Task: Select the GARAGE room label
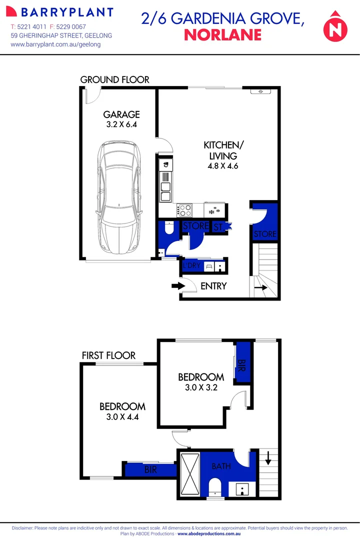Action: click(121, 114)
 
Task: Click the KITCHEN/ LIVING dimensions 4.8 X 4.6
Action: click(223, 166)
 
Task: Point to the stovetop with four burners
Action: click(184, 210)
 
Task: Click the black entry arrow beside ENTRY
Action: click(177, 286)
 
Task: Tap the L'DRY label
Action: click(191, 266)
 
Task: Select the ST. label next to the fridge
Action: click(218, 227)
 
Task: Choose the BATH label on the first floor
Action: click(221, 466)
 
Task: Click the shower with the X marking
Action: click(189, 473)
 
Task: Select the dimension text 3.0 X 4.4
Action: click(122, 416)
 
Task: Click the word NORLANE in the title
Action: click(223, 34)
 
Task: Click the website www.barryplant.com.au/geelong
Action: click(55, 44)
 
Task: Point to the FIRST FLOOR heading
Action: click(108, 355)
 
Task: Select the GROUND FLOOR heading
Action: click(114, 79)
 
